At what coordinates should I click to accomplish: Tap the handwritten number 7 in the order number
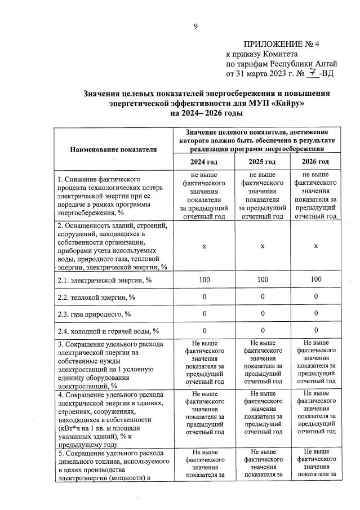(312, 73)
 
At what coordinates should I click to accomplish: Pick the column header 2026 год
(315, 162)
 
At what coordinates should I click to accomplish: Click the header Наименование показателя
(113, 149)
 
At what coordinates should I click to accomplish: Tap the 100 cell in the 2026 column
(315, 280)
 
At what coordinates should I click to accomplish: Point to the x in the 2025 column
(261, 246)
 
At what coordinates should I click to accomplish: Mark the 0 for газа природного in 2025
(261, 313)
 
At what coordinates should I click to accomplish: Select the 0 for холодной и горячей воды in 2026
(315, 330)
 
